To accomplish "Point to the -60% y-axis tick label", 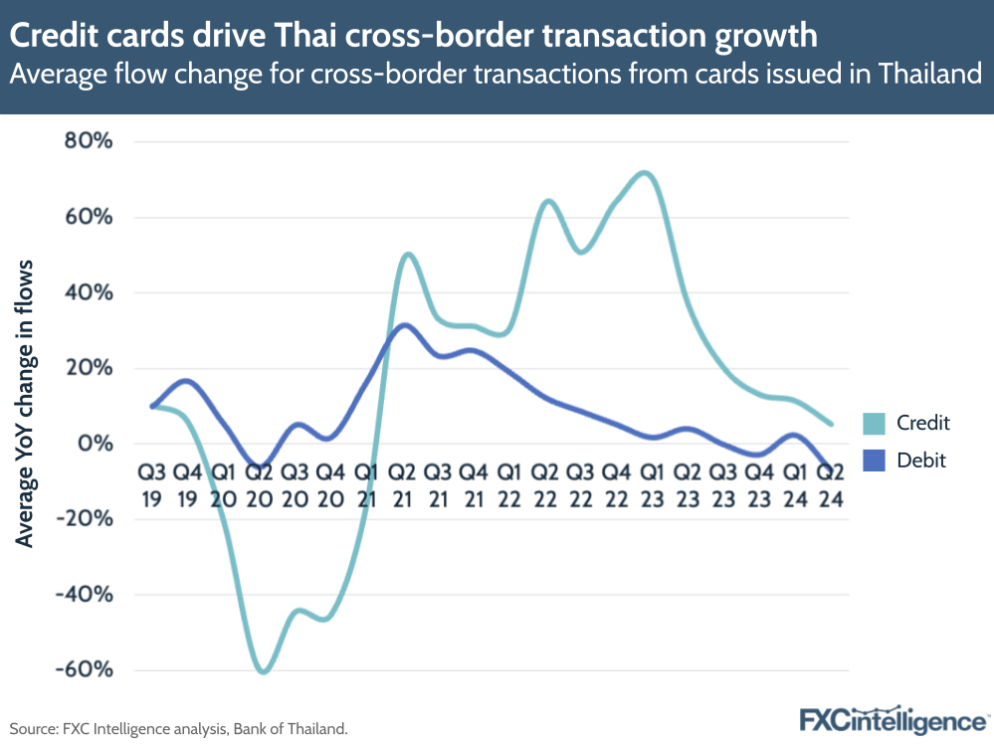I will (x=83, y=669).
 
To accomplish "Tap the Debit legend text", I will (x=921, y=460).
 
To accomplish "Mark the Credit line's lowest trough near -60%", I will (x=263, y=672).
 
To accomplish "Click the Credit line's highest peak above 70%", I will (x=644, y=173).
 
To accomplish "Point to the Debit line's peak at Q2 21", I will (x=403, y=324).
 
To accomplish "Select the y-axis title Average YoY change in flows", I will (x=27, y=403).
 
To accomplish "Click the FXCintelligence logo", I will (x=894, y=719).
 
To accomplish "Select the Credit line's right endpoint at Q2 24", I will (x=831, y=424).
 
